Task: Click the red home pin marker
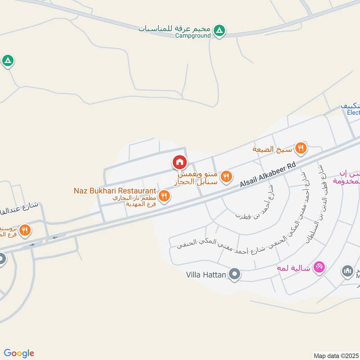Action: tap(180, 162)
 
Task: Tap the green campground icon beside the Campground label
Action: tap(219, 31)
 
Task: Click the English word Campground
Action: tap(193, 36)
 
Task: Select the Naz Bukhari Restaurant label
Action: tap(115, 191)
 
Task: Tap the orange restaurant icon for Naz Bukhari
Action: tap(164, 196)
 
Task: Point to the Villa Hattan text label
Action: tap(206, 274)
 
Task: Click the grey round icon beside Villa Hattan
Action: tap(234, 274)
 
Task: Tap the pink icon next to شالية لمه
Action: tap(319, 266)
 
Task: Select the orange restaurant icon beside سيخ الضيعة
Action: tap(301, 148)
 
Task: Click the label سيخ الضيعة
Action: tap(273, 148)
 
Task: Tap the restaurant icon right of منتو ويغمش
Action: tap(227, 176)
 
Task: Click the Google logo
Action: tap(19, 353)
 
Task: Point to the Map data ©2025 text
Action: tap(336, 355)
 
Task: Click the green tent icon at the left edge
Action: tap(8, 60)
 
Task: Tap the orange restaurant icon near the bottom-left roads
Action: tap(25, 229)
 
